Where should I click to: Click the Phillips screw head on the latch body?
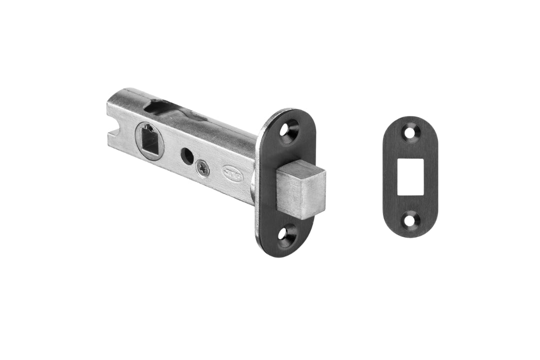pyautogui.click(x=202, y=168)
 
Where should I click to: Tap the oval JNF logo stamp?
pyautogui.click(x=232, y=171)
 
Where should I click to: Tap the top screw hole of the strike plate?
pyautogui.click(x=411, y=133)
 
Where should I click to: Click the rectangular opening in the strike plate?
pyautogui.click(x=410, y=176)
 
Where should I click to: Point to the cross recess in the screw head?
pyautogui.click(x=202, y=168)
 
